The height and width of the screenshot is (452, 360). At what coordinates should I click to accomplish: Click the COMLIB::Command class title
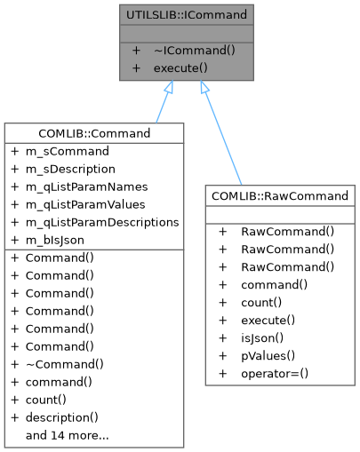pyautogui.click(x=94, y=133)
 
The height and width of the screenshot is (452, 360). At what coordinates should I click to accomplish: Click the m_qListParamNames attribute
pyautogui.click(x=87, y=186)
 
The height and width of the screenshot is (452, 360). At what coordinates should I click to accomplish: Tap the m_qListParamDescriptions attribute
pyautogui.click(x=102, y=222)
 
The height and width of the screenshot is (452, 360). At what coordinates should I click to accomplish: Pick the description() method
pyautogui.click(x=61, y=417)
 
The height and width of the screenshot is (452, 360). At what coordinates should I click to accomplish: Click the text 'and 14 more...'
pyautogui.click(x=68, y=435)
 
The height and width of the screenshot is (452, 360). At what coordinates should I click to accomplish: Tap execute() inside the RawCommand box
pyautogui.click(x=268, y=320)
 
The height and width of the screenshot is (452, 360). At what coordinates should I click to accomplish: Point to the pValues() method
pyautogui.click(x=267, y=355)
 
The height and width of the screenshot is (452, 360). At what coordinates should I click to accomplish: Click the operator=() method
pyautogui.click(x=275, y=373)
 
